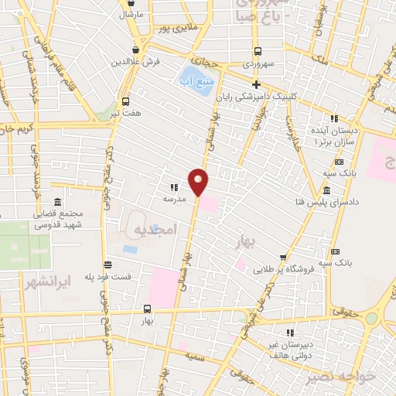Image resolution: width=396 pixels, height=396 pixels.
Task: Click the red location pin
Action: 199,182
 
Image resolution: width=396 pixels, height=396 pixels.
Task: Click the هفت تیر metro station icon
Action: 125,101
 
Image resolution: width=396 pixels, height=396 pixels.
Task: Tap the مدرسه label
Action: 173,198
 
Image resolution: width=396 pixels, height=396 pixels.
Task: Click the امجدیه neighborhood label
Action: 155,230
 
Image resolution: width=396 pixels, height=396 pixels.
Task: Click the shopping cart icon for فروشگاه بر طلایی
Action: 284,257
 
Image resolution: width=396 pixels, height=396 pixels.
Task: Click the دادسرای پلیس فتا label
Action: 327,202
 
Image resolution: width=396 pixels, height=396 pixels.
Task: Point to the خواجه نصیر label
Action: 340,377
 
